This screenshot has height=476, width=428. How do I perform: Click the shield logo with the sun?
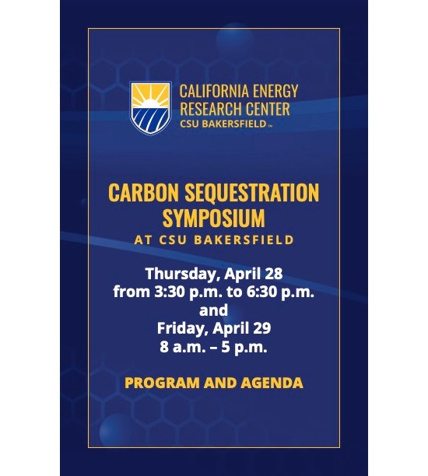click(x=150, y=107)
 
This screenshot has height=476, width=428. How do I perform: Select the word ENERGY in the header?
click(x=276, y=92)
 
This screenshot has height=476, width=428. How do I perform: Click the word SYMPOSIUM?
click(x=214, y=216)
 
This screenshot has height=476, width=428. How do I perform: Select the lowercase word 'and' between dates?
click(x=213, y=310)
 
